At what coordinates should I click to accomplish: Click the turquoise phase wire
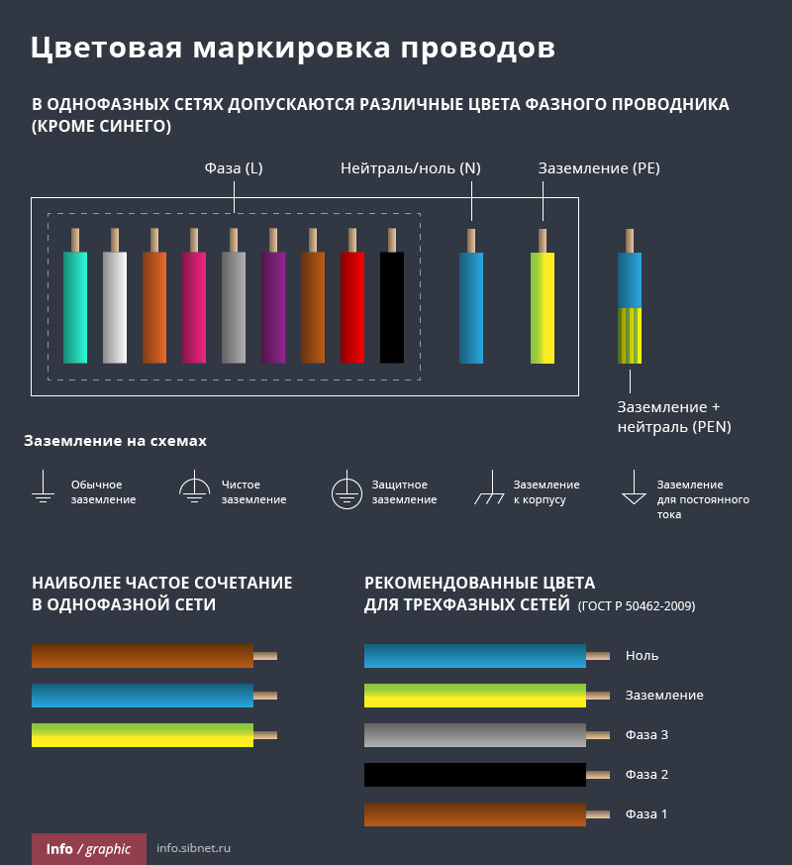pos(75,306)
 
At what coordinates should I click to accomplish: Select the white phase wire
pos(115,306)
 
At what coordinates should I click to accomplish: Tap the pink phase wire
pos(194,306)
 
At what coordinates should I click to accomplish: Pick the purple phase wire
pos(273,306)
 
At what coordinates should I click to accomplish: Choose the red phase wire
pos(352,306)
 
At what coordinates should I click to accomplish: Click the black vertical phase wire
pos(392,306)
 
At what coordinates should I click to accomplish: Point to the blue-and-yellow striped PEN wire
pos(630,308)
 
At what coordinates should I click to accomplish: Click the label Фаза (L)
pos(234,168)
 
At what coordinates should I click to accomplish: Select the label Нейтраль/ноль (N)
pos(411,168)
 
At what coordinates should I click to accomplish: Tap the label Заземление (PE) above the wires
pos(599,168)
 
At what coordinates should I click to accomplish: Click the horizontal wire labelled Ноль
pos(475,656)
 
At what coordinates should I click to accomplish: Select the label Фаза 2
pos(646,775)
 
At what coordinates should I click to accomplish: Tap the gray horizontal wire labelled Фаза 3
pos(475,735)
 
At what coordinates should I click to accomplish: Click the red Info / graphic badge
pos(88,849)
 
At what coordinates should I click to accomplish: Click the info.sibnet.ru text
pos(194,849)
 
